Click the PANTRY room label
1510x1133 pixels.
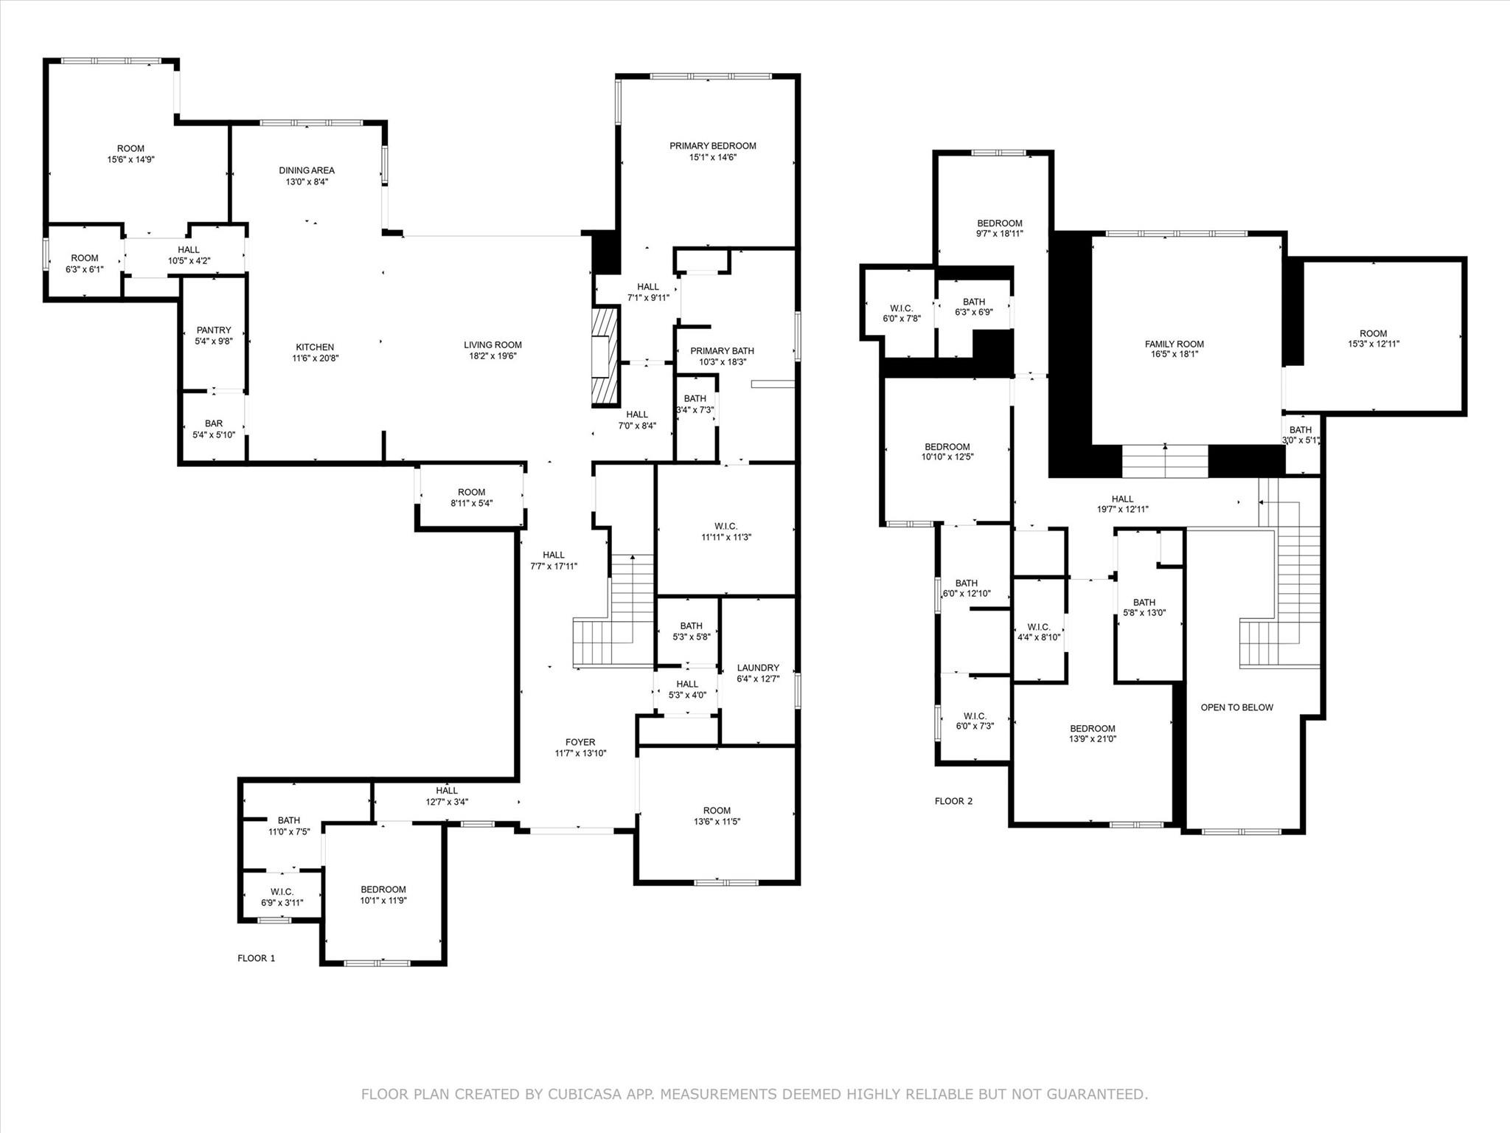point(214,330)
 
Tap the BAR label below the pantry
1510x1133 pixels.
point(214,423)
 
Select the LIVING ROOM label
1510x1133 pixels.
point(493,344)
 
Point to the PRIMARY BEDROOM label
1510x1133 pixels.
point(712,146)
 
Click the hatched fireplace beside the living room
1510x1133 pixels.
point(604,357)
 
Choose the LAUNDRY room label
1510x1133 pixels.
point(757,668)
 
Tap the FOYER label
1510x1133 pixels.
point(580,742)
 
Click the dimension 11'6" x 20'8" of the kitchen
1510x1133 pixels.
point(315,358)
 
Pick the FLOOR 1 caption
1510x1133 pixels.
point(256,958)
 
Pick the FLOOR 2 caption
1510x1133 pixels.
point(953,801)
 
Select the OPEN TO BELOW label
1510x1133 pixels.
point(1236,707)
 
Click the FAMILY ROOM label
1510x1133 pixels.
point(1174,344)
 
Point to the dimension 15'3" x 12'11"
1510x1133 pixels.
point(1373,344)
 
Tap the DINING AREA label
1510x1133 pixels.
point(307,170)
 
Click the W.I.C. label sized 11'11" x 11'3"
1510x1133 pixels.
point(726,526)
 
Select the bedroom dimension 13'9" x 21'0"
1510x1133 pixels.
point(1093,739)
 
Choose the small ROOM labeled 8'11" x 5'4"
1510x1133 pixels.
point(471,492)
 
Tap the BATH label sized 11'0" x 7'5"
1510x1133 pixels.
point(288,820)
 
